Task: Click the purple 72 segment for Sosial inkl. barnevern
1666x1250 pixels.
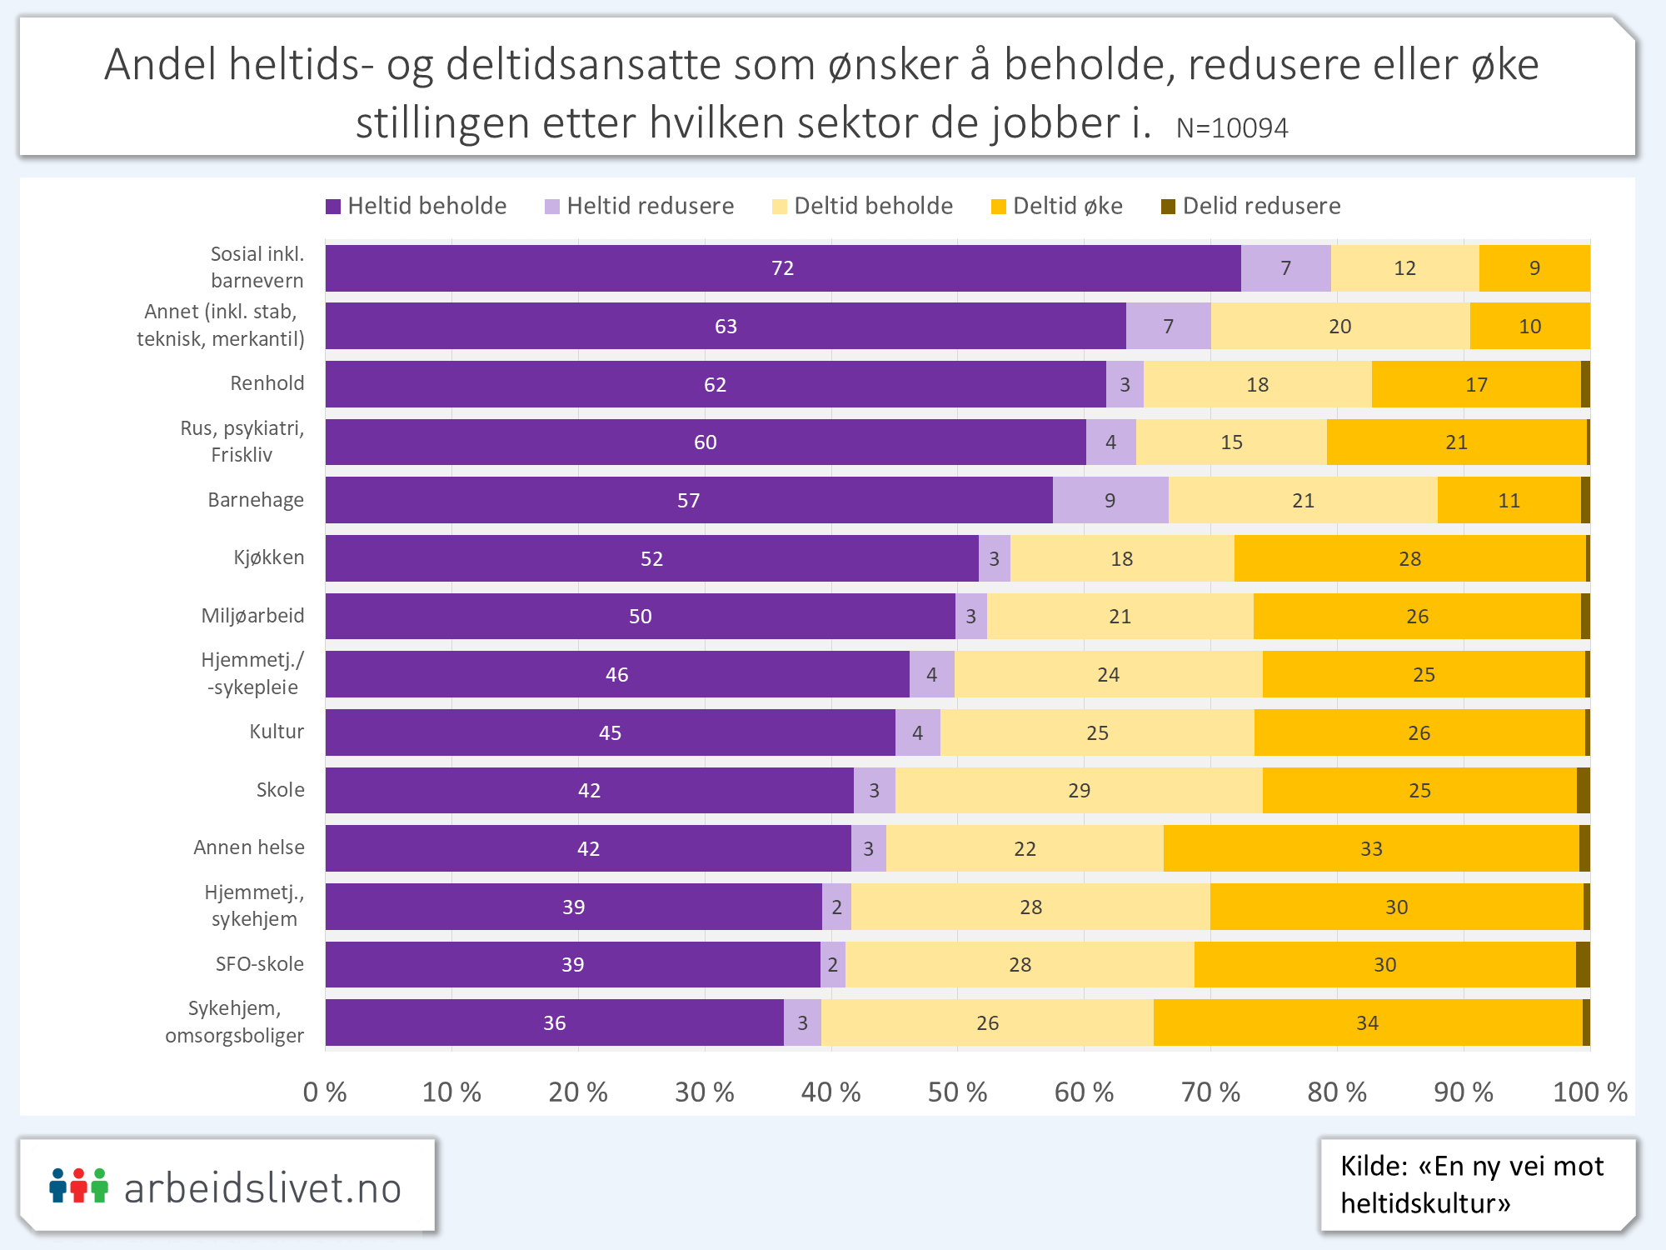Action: pos(782,268)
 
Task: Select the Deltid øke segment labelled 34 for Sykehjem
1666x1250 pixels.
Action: pos(1367,1022)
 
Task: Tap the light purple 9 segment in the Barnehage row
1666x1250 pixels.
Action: pos(1110,500)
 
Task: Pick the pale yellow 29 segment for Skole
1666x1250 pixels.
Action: pos(1079,790)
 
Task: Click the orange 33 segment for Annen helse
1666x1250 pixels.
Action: pos(1371,848)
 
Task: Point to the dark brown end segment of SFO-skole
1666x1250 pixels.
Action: pos(1583,964)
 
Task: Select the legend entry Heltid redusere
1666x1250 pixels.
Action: pos(639,206)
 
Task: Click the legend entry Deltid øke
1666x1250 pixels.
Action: pos(1056,206)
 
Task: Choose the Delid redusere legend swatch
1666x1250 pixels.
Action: pos(1169,207)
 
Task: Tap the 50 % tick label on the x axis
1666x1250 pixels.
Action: pos(957,1092)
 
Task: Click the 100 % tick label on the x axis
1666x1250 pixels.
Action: pos(1589,1092)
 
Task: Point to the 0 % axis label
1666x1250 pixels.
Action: pos(325,1092)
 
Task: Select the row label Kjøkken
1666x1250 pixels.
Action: pos(268,557)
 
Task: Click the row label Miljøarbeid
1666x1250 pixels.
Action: pos(252,616)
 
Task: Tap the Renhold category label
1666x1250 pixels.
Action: pos(267,383)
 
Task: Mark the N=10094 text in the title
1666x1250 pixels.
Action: pos(1232,128)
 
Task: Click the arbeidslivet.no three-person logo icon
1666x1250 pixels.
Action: pos(79,1185)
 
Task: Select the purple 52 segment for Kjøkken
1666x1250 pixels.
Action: pos(651,558)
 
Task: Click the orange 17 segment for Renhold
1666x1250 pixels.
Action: pos(1476,384)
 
